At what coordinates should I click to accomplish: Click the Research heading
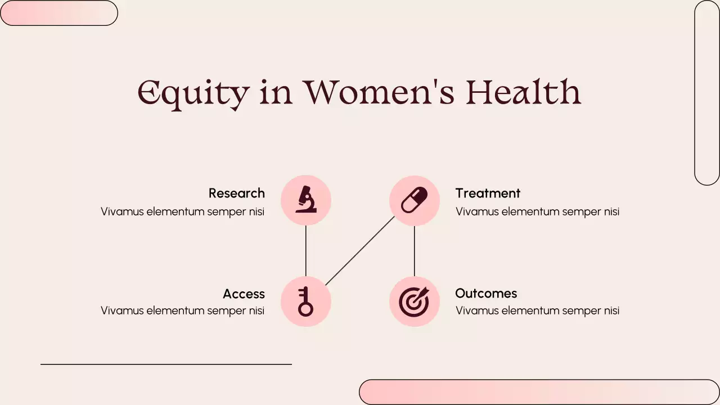tap(236, 193)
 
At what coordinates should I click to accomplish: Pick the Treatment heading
tap(488, 193)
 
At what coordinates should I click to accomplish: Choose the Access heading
tap(244, 294)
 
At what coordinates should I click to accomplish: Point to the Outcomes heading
tap(486, 293)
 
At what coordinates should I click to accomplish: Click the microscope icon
tap(306, 200)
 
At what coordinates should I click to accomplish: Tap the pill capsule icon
tap(414, 200)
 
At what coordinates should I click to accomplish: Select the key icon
tap(305, 301)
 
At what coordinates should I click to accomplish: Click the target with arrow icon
tap(414, 301)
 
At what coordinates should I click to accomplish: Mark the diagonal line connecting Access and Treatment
tap(360, 251)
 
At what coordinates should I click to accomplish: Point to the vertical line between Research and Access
tap(306, 251)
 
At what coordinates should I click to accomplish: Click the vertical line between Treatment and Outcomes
tap(415, 251)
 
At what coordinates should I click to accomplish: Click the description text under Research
tap(182, 211)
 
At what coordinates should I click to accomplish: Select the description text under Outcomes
tap(537, 310)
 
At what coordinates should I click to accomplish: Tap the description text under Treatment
tap(537, 211)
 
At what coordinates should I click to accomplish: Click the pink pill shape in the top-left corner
tap(58, 13)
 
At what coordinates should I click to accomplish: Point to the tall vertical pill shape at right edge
tap(707, 93)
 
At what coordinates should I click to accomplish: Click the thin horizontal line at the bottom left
tap(166, 364)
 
